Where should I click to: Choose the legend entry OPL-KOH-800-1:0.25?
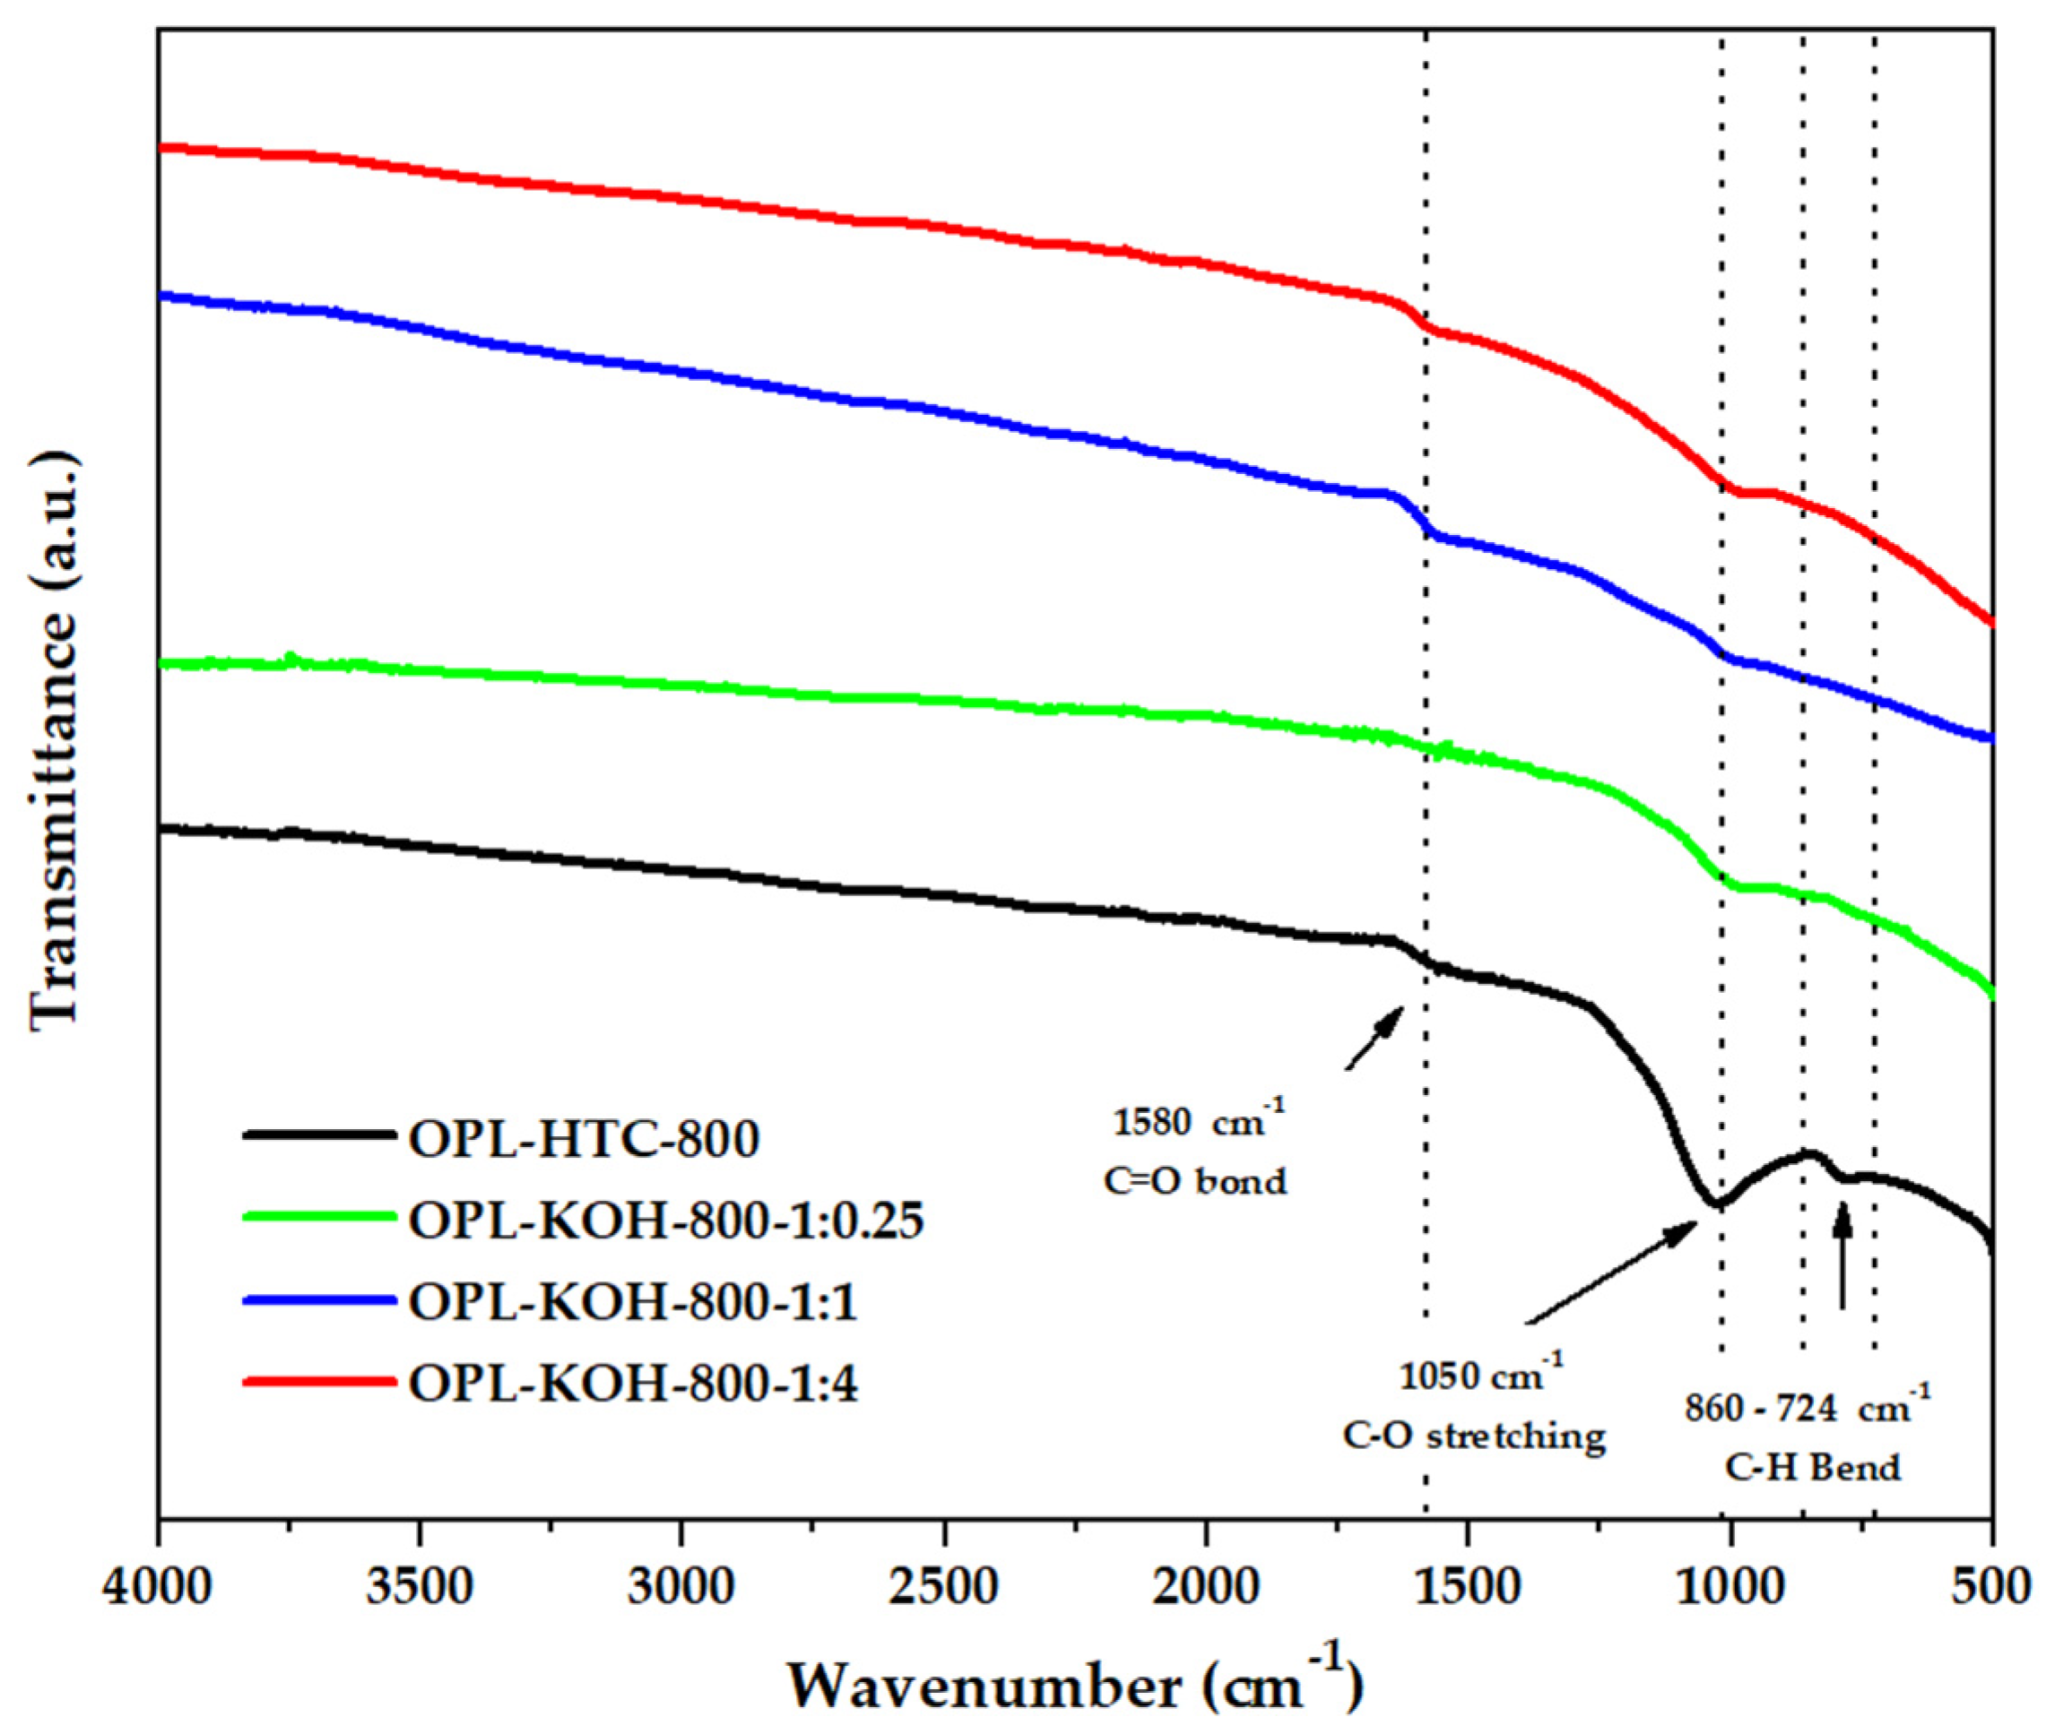click(667, 1221)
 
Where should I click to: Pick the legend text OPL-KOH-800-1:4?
click(633, 1384)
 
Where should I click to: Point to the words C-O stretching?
click(1474, 1436)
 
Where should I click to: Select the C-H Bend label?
click(1813, 1469)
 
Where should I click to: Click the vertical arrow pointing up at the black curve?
click(1843, 1258)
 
